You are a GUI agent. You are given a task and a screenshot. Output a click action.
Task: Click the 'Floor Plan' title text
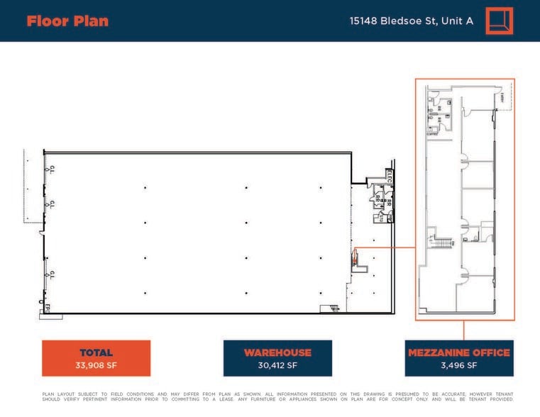(x=67, y=21)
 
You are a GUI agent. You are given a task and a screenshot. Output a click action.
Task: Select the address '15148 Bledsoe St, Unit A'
(x=411, y=21)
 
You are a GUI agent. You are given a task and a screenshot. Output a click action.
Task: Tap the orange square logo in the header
(x=499, y=21)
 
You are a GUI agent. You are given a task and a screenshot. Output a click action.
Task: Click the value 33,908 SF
(x=96, y=366)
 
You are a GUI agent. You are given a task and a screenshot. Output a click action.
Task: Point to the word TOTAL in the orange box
(x=96, y=352)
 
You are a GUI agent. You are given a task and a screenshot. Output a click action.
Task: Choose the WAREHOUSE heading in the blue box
(x=277, y=352)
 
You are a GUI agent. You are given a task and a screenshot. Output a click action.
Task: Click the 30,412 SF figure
(x=277, y=366)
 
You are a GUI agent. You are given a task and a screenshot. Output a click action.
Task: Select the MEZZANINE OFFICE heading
(x=458, y=352)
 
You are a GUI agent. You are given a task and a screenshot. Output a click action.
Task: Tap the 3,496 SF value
(x=458, y=366)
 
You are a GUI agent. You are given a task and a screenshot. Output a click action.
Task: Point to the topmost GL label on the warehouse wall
(x=52, y=169)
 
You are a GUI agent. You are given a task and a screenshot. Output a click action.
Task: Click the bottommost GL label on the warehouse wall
(x=52, y=274)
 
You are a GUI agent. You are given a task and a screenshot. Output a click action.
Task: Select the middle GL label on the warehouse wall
(x=52, y=204)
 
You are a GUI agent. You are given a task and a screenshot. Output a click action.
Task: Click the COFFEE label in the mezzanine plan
(x=431, y=133)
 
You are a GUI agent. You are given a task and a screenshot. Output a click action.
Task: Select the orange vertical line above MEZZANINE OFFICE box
(x=464, y=330)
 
